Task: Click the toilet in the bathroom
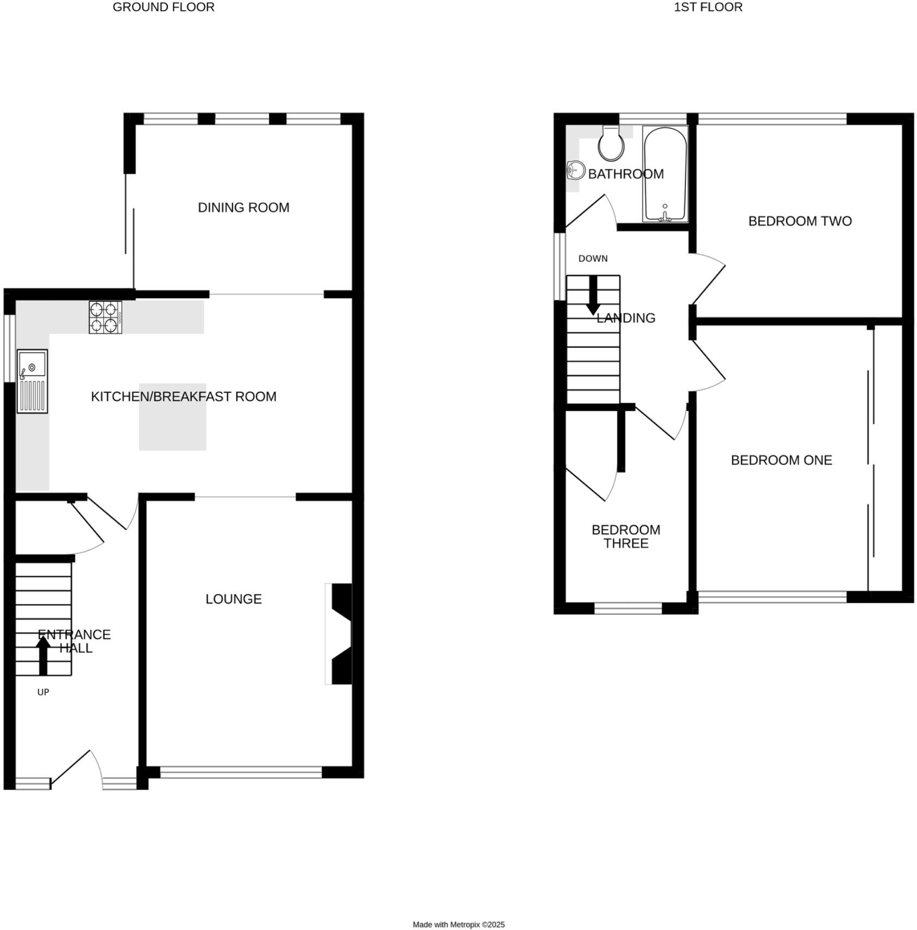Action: pos(611,143)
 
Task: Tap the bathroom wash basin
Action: pos(575,171)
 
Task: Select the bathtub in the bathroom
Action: pos(665,174)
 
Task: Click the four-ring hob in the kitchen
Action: pos(105,317)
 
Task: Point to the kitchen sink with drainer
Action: pos(32,381)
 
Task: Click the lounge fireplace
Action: pos(340,634)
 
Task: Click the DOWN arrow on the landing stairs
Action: pos(593,296)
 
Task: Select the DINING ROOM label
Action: pos(243,208)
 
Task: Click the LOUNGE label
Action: pos(234,599)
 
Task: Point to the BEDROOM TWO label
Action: pos(800,221)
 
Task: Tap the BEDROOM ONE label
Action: pos(781,460)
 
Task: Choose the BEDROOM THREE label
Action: pos(626,537)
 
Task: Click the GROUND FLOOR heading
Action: pos(164,7)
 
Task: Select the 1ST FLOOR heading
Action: pos(708,7)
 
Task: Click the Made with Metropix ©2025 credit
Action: pos(458,925)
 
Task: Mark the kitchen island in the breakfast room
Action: pos(173,417)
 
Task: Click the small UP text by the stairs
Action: pos(43,692)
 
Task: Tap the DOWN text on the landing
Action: pos(593,259)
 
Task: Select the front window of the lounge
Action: pos(241,772)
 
